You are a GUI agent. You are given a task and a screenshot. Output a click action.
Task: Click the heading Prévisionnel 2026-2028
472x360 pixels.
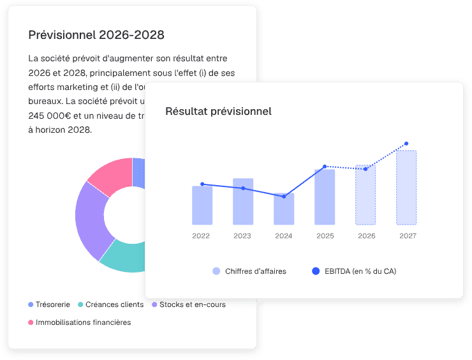tap(96, 34)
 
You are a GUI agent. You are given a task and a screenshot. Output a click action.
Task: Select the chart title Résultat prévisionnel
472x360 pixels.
tap(218, 111)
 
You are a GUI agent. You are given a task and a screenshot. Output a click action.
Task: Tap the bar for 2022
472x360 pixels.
tap(202, 206)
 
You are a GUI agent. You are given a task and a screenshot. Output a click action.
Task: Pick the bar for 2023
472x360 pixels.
tap(243, 202)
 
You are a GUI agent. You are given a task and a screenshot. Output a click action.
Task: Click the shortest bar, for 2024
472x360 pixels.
tap(284, 209)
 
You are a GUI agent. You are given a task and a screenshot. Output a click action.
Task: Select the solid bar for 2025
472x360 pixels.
tap(325, 197)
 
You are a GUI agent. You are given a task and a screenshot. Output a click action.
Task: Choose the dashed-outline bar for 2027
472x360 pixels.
tap(406, 188)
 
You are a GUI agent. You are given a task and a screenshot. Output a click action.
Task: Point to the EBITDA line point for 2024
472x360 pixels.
tap(284, 196)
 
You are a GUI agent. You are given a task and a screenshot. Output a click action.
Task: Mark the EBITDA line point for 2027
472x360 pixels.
tap(406, 144)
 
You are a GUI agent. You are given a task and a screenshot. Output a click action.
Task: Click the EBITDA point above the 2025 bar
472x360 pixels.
tap(325, 167)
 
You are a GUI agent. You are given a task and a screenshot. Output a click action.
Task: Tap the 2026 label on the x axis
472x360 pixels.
tap(366, 236)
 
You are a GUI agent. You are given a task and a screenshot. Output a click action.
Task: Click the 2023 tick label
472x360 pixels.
tap(242, 236)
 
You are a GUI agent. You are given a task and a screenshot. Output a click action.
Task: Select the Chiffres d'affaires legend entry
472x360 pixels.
tap(249, 271)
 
